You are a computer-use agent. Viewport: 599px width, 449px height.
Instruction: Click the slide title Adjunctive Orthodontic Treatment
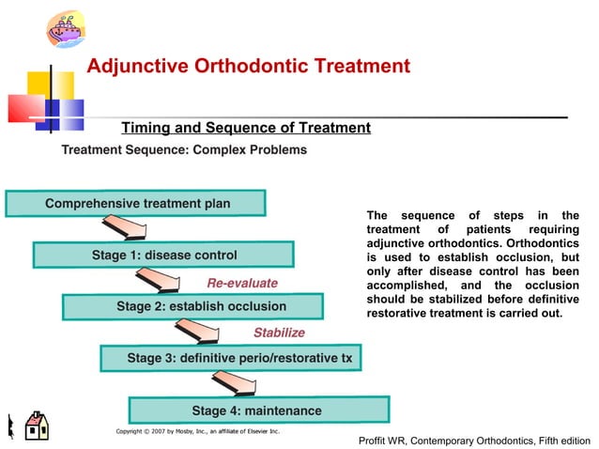[x=248, y=67]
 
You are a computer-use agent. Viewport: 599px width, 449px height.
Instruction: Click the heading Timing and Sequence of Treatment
[x=246, y=129]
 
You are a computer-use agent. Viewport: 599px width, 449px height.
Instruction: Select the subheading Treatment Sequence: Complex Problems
[x=184, y=150]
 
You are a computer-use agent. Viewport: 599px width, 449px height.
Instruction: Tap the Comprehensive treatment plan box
[x=136, y=204]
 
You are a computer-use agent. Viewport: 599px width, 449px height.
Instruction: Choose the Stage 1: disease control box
[x=163, y=255]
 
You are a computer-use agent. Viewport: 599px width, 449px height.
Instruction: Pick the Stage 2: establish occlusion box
[x=193, y=306]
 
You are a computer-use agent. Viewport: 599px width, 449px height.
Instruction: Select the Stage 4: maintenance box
[x=257, y=410]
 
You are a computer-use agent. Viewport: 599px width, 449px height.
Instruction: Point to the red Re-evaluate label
[x=242, y=283]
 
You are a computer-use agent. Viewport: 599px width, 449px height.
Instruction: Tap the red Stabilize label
[x=279, y=333]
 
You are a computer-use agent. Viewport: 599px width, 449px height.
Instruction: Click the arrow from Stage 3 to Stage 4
[x=235, y=383]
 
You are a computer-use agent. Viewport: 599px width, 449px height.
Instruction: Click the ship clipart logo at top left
[x=66, y=26]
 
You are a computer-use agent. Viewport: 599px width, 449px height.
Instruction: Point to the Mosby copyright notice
[x=197, y=431]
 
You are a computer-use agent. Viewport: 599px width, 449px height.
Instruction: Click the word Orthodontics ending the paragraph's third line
[x=538, y=243]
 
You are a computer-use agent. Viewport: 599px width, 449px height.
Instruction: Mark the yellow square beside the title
[x=38, y=85]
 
